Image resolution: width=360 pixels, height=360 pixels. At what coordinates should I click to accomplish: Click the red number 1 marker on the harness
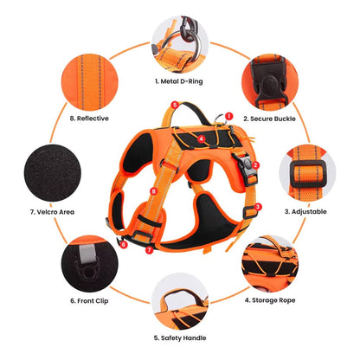click(228, 116)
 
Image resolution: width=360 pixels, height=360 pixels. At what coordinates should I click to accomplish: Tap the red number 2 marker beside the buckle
click(255, 165)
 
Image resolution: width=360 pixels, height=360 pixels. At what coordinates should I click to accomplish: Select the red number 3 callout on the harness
click(258, 207)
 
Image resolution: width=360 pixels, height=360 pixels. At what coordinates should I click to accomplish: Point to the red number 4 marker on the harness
click(202, 139)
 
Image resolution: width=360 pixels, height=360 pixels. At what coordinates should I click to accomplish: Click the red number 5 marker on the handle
click(175, 105)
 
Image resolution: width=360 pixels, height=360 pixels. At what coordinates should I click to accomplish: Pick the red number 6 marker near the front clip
click(124, 245)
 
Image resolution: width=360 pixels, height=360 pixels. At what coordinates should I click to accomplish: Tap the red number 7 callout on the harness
click(149, 250)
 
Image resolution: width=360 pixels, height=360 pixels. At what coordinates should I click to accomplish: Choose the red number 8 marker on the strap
click(153, 191)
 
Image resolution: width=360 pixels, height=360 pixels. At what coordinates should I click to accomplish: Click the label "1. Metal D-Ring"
click(179, 81)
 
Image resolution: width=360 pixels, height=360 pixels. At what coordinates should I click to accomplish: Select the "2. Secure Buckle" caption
click(269, 119)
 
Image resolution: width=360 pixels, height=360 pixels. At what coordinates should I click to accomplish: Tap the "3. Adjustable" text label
click(305, 212)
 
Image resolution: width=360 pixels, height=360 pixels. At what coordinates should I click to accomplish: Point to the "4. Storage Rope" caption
click(270, 300)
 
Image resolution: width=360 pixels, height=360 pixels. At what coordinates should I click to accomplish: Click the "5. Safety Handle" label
click(180, 338)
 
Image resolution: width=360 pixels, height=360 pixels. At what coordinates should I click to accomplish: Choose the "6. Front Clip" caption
click(89, 301)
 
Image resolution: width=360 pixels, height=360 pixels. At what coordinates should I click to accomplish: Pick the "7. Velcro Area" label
click(52, 212)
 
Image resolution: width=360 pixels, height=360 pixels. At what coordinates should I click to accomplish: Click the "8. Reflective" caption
click(89, 119)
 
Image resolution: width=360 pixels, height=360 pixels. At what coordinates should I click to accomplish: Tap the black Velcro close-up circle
click(53, 173)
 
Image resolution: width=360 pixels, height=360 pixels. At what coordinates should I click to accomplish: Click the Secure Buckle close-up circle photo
click(270, 82)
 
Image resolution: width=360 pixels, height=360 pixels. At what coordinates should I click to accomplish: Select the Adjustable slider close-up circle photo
click(307, 173)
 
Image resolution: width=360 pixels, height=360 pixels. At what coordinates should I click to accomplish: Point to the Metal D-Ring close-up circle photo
click(180, 44)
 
